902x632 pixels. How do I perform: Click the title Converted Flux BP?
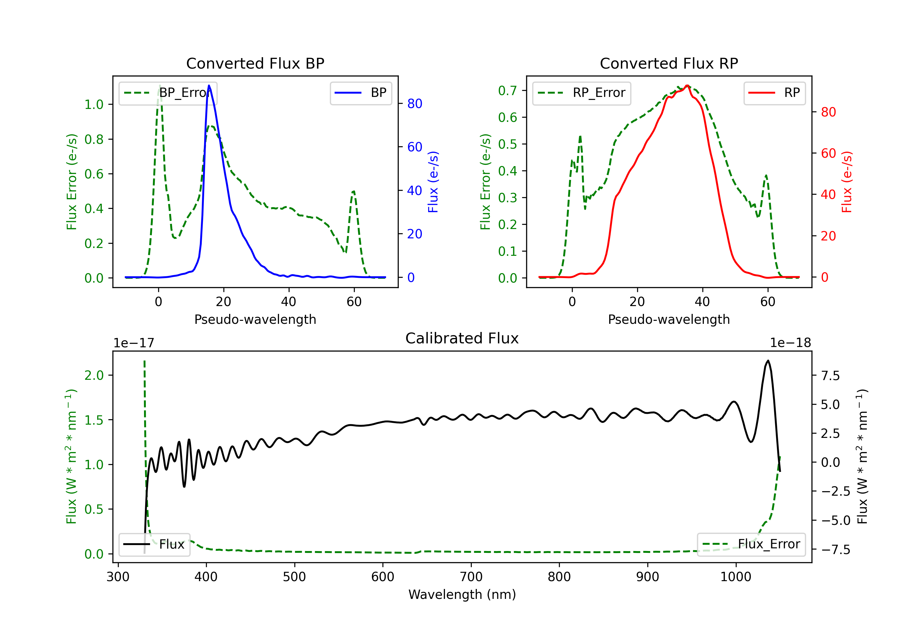pyautogui.click(x=255, y=63)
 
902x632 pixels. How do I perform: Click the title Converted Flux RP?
pyautogui.click(x=669, y=63)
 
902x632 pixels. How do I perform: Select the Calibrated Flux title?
pyautogui.click(x=462, y=338)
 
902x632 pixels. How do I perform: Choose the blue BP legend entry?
pyautogui.click(x=360, y=93)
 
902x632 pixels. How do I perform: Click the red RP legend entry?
pyautogui.click(x=774, y=93)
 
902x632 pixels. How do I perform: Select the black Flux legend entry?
pyautogui.click(x=154, y=544)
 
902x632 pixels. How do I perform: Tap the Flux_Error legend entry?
pyautogui.click(x=751, y=544)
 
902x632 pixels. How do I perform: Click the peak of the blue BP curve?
pyautogui.click(x=209, y=85)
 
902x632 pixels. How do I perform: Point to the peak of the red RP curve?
pyautogui.click(x=687, y=85)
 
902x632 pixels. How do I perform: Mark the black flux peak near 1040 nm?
pyautogui.click(x=768, y=361)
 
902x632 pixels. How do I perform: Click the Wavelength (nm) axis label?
pyautogui.click(x=462, y=594)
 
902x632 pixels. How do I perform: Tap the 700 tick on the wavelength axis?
pyautogui.click(x=471, y=577)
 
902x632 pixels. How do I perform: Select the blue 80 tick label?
pyautogui.click(x=415, y=104)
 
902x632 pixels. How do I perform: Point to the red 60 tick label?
pyautogui.click(x=829, y=153)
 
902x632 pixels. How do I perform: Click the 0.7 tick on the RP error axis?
pyautogui.click(x=508, y=91)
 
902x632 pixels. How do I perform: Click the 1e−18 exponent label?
pyautogui.click(x=790, y=343)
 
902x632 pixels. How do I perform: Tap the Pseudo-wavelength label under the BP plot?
pyautogui.click(x=255, y=319)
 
